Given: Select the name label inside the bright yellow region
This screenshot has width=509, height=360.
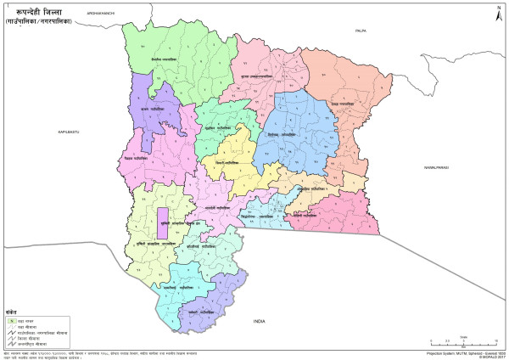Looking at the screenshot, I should (227, 160).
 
